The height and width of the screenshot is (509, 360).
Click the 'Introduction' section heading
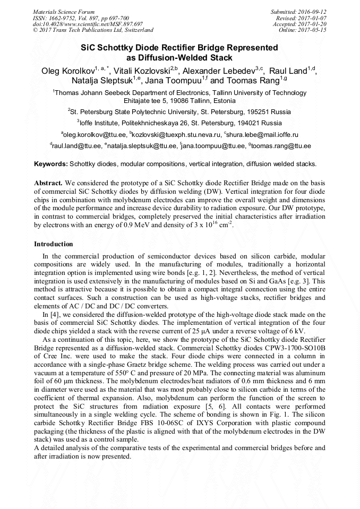point(54,244)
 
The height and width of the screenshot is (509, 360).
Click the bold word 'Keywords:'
point(51,163)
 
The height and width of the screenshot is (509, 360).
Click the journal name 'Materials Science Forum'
point(64,12)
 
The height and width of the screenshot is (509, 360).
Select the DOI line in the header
point(88,24)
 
